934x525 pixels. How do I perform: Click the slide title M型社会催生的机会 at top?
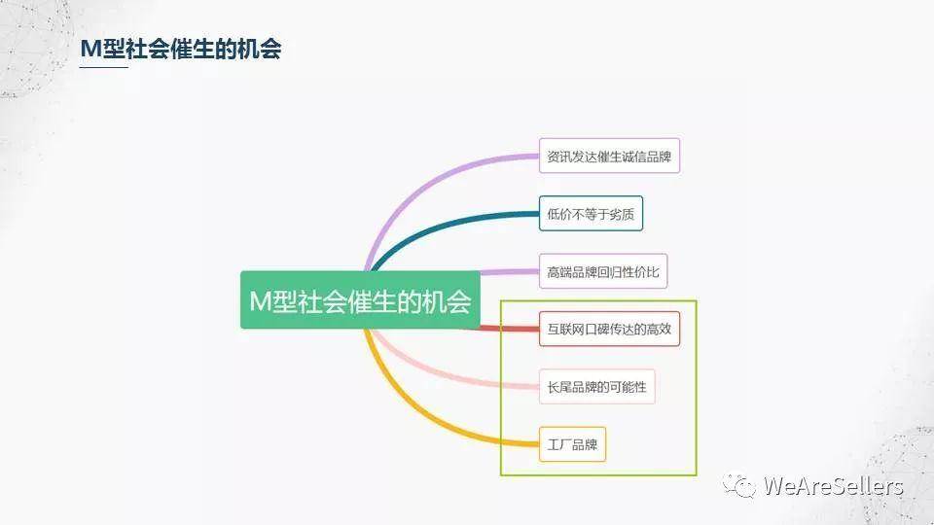click(181, 49)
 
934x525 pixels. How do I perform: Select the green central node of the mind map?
click(360, 300)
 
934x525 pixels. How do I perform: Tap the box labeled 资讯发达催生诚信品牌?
click(609, 156)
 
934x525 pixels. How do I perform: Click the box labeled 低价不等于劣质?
click(591, 213)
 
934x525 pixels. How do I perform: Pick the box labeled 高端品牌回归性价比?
click(603, 271)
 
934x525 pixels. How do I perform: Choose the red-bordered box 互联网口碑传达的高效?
click(609, 329)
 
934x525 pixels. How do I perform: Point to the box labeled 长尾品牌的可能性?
click(596, 387)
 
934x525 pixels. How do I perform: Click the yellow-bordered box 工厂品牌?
click(572, 444)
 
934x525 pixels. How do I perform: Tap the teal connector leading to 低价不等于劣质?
click(442, 227)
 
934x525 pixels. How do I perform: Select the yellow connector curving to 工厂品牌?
click(417, 417)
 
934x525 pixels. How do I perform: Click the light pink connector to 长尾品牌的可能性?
click(441, 373)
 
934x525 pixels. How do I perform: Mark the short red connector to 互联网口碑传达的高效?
click(509, 328)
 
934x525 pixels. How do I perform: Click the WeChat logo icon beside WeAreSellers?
click(739, 486)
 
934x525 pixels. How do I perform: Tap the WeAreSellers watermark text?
click(834, 486)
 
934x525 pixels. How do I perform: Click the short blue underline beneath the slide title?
click(104, 67)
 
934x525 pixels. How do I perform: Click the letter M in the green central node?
click(261, 300)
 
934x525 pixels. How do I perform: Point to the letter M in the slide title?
click(90, 49)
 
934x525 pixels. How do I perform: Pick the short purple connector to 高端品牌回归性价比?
click(509, 272)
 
